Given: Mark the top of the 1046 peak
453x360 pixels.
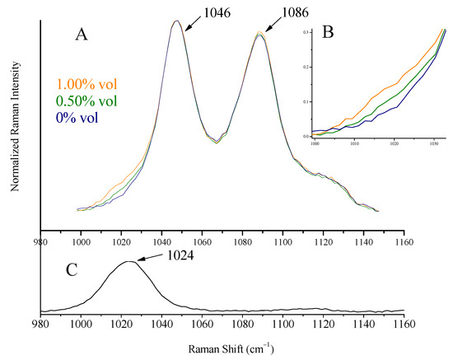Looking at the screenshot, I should coord(176,21).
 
